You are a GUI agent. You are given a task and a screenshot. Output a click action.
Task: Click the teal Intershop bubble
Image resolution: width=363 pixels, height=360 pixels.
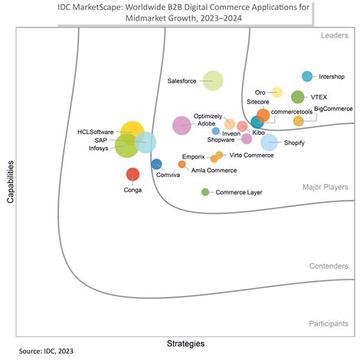click(x=307, y=76)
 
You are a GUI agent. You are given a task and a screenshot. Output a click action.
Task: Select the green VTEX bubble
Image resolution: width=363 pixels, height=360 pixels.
click(x=298, y=97)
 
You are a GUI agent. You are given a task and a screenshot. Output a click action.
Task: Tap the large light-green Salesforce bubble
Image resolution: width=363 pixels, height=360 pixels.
click(x=213, y=80)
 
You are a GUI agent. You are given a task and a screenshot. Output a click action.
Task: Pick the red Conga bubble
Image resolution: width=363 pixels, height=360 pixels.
click(x=132, y=175)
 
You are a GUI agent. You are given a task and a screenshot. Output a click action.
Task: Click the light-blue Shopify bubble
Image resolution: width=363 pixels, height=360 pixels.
click(x=269, y=142)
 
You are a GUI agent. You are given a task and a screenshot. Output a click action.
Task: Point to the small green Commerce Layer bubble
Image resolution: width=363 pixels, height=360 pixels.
click(x=205, y=191)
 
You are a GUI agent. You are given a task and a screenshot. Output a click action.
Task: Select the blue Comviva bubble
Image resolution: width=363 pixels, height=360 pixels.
click(x=156, y=163)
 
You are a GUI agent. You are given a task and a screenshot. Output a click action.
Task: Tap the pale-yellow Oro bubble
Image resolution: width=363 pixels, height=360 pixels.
click(x=277, y=93)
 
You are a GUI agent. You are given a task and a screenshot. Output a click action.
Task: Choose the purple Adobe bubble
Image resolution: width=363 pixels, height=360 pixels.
click(x=181, y=125)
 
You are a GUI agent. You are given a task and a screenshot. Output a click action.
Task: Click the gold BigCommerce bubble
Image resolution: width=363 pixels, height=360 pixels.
click(x=299, y=120)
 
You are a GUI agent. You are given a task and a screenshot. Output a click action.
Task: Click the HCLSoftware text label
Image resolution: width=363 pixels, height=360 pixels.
click(x=95, y=132)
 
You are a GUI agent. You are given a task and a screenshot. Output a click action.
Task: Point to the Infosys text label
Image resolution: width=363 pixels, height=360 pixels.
click(x=99, y=149)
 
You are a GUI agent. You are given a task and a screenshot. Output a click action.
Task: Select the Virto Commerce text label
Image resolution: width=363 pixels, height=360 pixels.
click(x=251, y=155)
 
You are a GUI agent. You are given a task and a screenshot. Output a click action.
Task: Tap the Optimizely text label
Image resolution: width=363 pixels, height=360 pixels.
click(x=208, y=115)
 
